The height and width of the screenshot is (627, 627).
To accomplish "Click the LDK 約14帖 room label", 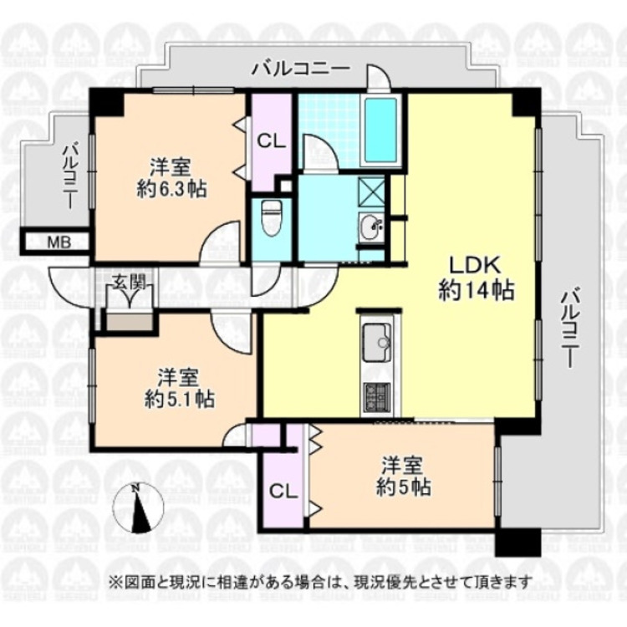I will click(x=476, y=278).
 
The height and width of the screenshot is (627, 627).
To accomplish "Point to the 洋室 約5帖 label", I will click(x=406, y=475).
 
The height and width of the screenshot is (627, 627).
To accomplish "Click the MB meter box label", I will click(x=57, y=242).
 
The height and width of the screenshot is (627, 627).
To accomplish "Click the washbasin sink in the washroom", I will click(x=371, y=226).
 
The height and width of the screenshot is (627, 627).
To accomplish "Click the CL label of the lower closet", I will click(x=283, y=491).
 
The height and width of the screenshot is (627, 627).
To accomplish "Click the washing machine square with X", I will click(x=370, y=191).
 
